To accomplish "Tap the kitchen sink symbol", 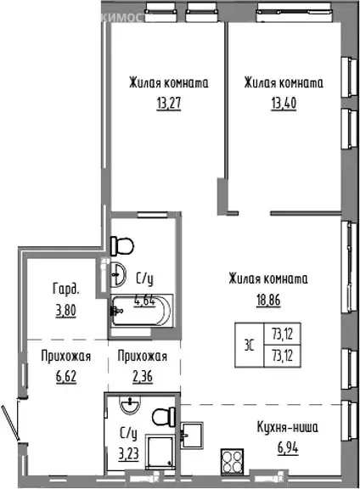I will tap(193, 434).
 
